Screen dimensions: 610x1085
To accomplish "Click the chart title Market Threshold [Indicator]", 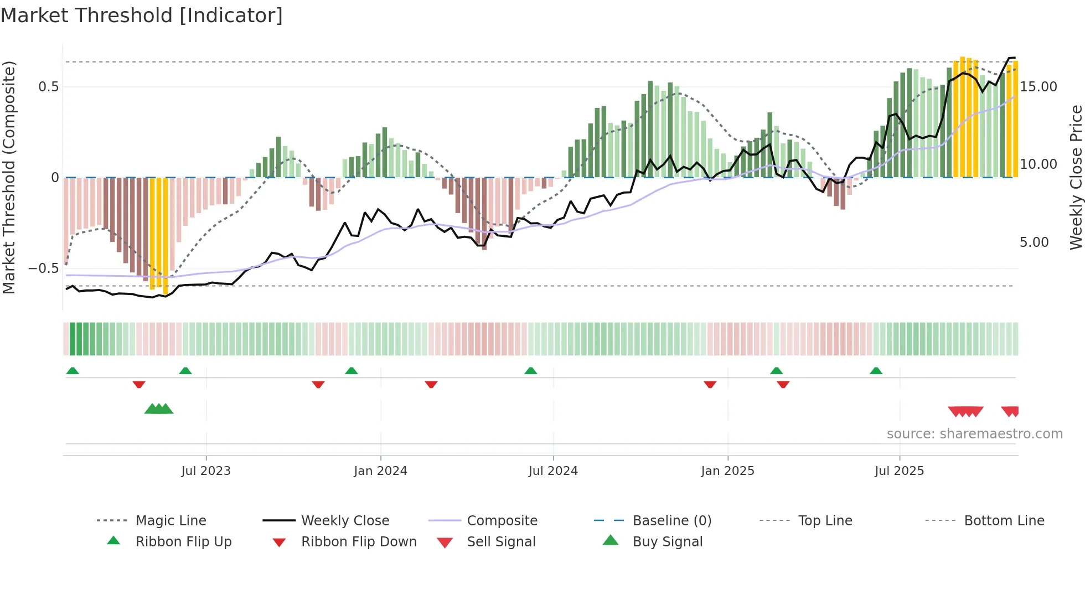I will coord(142,15).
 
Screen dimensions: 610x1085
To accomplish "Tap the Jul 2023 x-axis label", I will coord(206,471).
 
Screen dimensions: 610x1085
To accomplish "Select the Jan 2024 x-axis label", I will coord(380,471).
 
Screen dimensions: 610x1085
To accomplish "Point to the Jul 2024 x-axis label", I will coord(553,471).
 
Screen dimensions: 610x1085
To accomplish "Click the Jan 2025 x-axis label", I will coord(727,471).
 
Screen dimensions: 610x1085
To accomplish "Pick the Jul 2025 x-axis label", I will coord(900,471).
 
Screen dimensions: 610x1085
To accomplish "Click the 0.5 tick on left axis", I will coord(48,87).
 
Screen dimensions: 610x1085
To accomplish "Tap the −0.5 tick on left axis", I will coord(43,268).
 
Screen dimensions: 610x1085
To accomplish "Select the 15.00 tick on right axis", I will coord(1038,87).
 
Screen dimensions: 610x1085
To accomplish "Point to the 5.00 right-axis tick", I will coord(1034,242).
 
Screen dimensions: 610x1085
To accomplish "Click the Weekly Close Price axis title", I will coord(1076,177).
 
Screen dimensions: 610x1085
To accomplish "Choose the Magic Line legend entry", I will coord(170,521).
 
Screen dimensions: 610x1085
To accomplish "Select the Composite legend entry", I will coord(502,521).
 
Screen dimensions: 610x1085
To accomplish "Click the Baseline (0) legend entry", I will coord(672,521).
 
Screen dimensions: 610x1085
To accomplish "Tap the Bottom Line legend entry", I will coord(1004,521).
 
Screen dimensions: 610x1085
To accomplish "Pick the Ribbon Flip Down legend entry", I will coord(359,542).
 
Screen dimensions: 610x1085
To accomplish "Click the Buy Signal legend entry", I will coord(668,542).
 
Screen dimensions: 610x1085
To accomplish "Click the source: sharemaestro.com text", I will coord(974,434).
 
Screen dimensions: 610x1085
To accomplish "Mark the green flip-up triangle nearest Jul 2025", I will coord(876,371).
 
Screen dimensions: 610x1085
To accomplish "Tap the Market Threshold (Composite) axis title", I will coord(9,177).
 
